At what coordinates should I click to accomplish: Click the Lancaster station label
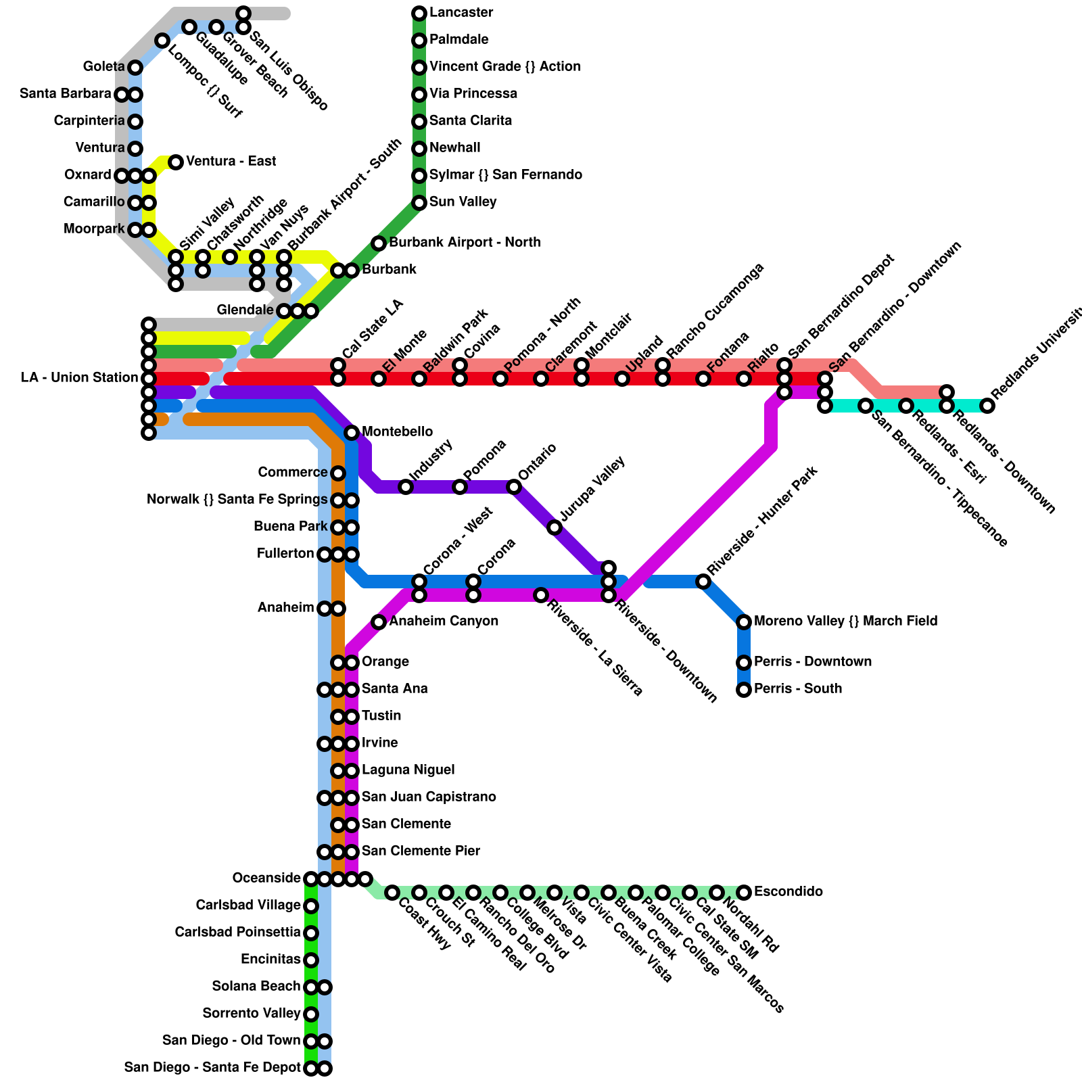point(461,13)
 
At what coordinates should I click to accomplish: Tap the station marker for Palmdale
point(419,41)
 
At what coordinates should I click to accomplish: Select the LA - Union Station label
point(79,378)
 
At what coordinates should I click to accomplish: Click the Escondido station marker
point(744,893)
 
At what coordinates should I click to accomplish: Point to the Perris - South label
point(798,689)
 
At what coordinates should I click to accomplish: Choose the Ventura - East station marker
point(176,162)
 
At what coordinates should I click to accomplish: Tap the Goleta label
point(103,67)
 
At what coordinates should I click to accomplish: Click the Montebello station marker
point(352,433)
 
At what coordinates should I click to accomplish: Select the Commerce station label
point(292,473)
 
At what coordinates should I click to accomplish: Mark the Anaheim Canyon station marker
point(379,622)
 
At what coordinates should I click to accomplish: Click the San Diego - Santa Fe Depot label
point(212,1068)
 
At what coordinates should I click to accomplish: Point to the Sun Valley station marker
point(419,203)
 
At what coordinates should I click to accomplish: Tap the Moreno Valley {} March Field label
point(845,621)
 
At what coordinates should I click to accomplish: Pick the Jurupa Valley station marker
point(555,527)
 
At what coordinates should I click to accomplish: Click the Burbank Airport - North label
point(465,243)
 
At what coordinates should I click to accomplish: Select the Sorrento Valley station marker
point(311,1014)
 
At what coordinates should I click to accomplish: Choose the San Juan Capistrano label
point(429,797)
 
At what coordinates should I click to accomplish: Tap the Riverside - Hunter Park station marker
point(703,582)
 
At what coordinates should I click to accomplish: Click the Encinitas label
point(270,960)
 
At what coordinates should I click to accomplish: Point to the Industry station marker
point(406,487)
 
